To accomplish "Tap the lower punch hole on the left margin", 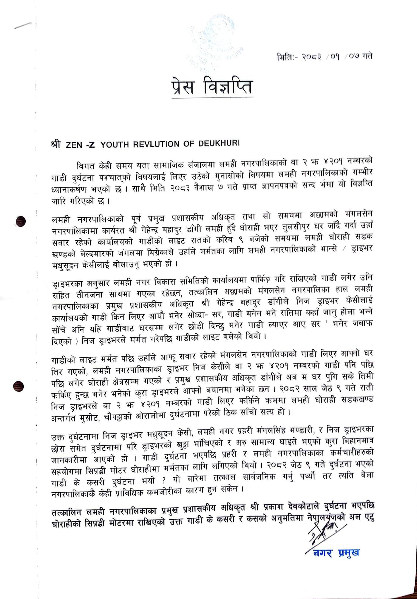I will coord(19,386).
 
